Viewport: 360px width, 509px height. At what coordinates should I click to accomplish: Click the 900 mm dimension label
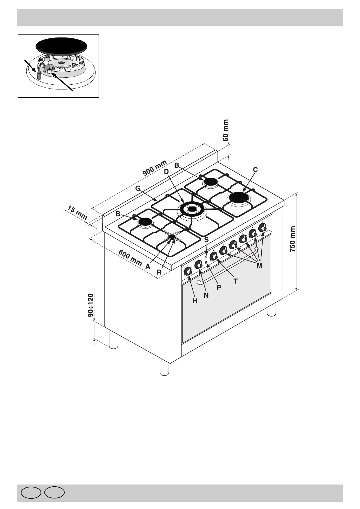click(x=155, y=168)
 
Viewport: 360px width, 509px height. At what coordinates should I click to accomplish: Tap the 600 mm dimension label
click(x=130, y=258)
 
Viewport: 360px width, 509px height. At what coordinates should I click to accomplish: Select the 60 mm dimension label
click(x=226, y=130)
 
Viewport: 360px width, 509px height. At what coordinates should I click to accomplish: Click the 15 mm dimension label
click(x=77, y=213)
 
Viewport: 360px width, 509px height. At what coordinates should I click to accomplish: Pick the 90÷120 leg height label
click(x=90, y=305)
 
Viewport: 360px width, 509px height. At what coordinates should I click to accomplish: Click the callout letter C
click(x=255, y=170)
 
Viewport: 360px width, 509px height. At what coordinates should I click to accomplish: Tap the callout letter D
click(x=166, y=172)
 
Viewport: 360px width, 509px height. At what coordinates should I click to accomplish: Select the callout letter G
click(x=138, y=189)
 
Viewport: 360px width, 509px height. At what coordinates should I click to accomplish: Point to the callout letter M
click(x=259, y=266)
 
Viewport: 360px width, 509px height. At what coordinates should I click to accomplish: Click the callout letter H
click(x=195, y=301)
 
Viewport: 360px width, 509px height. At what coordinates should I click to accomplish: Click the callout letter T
click(x=235, y=281)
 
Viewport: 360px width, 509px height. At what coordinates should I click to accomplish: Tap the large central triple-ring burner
click(x=191, y=209)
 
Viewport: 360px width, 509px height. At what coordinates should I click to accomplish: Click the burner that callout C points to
click(x=239, y=198)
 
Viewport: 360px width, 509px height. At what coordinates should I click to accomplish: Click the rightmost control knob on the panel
click(x=262, y=227)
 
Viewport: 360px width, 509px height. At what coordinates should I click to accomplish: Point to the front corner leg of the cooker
click(x=164, y=367)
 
